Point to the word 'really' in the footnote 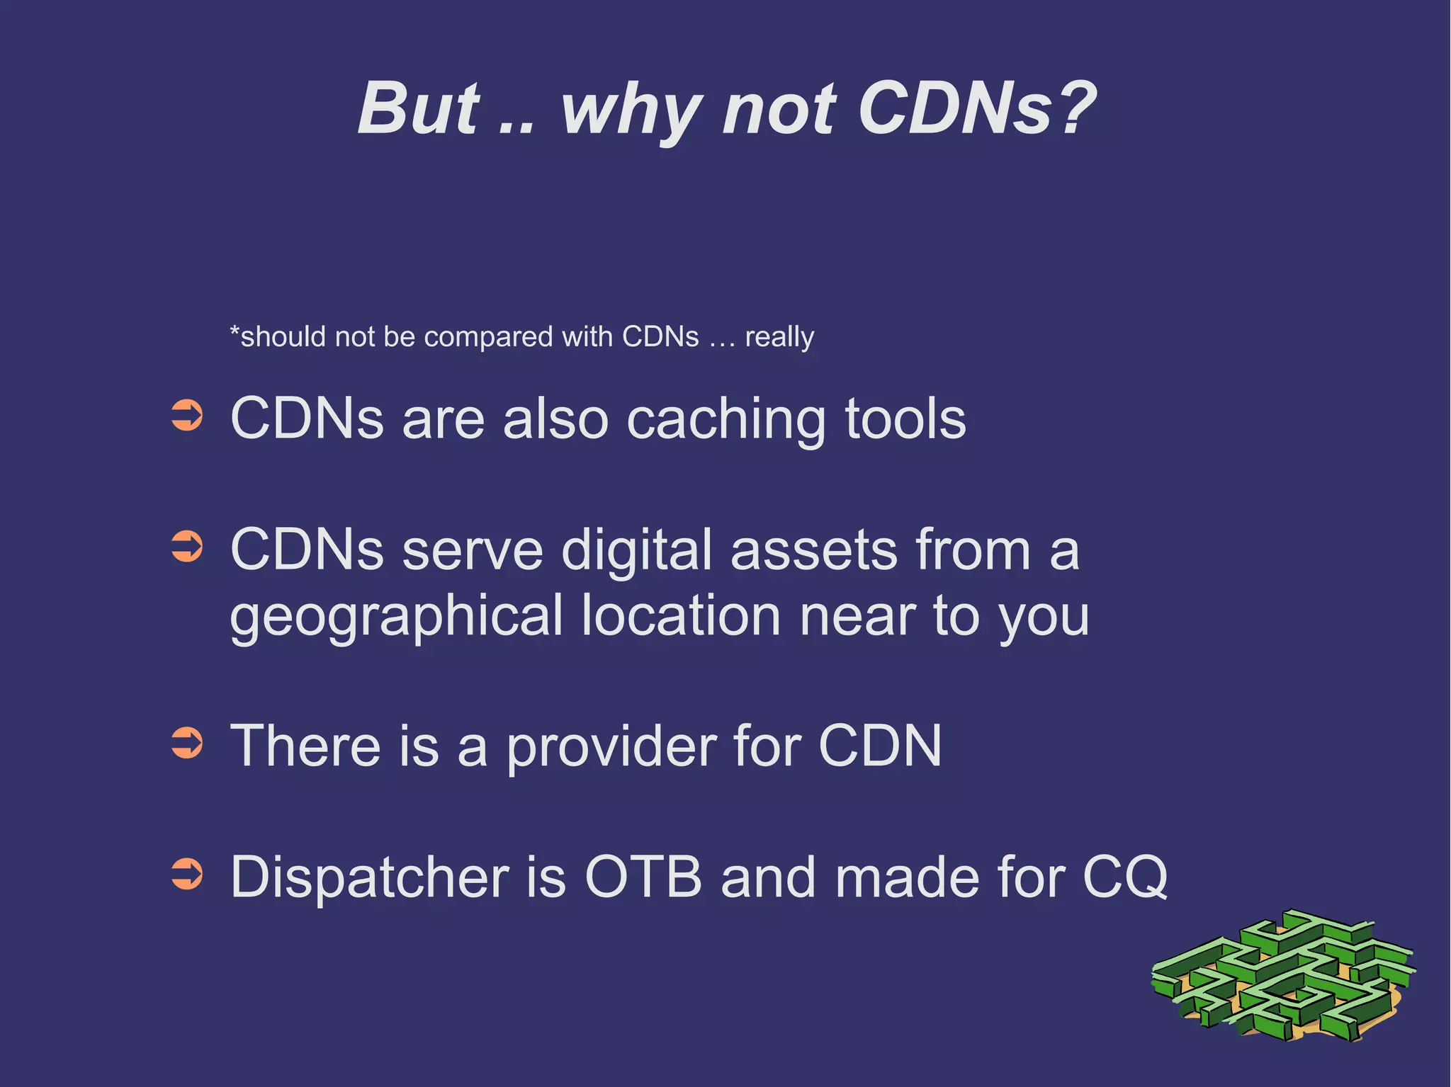point(779,337)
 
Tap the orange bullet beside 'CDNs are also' point(187,416)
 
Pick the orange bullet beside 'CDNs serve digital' point(187,547)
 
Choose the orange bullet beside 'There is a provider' point(187,744)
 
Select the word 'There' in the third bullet point(306,745)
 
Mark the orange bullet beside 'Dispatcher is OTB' point(187,874)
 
